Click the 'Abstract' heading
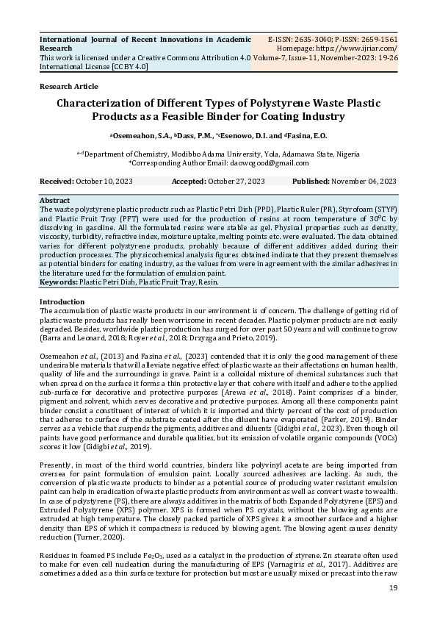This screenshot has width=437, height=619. click(54, 200)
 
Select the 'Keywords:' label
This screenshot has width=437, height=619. click(59, 282)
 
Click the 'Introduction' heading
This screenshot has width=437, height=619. click(62, 302)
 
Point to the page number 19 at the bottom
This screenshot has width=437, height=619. click(393, 588)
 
